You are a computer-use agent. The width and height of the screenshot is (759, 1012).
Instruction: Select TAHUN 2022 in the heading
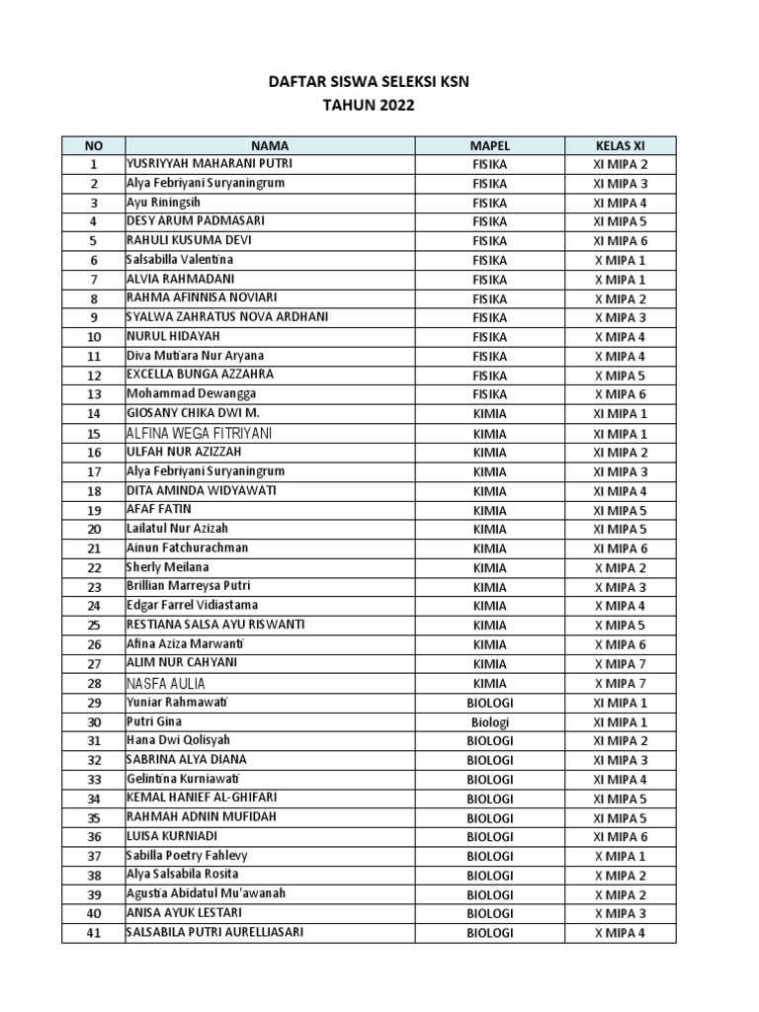[x=369, y=104]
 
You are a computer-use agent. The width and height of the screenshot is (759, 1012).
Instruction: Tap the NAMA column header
[x=269, y=145]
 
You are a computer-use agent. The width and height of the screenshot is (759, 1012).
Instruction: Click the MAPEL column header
[x=489, y=145]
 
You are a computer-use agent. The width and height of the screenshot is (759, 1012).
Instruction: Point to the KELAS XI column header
[x=620, y=145]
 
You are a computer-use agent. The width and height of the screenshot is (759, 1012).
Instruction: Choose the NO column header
[x=93, y=145]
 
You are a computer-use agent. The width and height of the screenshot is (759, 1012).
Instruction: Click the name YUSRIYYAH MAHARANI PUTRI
[x=210, y=164]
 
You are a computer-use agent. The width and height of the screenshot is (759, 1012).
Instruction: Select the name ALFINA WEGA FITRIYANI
[x=200, y=434]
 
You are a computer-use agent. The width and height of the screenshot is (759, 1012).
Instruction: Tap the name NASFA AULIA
[x=166, y=684]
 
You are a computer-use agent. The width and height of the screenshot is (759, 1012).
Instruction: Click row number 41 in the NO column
[x=94, y=934]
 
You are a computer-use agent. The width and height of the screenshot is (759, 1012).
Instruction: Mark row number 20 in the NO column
[x=94, y=530]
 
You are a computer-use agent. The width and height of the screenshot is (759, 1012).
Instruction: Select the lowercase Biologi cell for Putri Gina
[x=489, y=722]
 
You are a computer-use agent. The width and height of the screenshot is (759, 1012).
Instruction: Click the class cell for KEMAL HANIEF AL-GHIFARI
[x=620, y=800]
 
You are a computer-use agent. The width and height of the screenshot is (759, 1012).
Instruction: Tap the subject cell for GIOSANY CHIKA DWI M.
[x=489, y=414]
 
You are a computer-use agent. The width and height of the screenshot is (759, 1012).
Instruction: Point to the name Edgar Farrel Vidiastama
[x=192, y=606]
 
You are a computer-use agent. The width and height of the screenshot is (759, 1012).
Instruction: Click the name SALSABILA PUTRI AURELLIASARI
[x=214, y=933]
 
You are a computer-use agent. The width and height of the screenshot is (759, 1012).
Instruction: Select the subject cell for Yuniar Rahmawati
[x=489, y=704]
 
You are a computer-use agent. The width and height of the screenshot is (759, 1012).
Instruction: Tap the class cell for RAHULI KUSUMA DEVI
[x=620, y=241]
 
